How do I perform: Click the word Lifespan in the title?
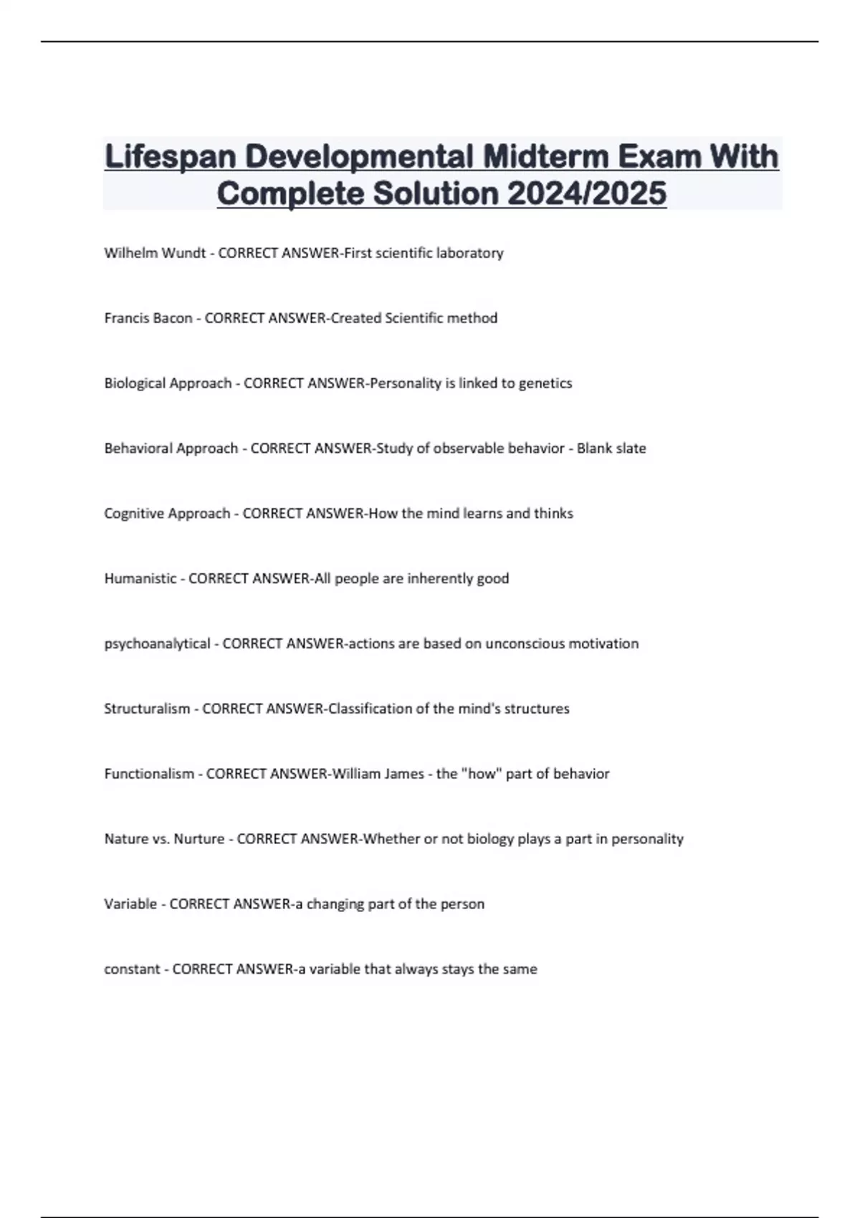[x=170, y=157]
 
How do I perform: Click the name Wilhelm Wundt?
[x=155, y=253]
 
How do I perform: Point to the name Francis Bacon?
[x=148, y=318]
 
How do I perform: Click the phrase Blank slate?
[x=611, y=449]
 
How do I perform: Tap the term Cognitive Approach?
[x=167, y=514]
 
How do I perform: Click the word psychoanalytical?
[x=157, y=644]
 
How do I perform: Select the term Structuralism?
[x=147, y=709]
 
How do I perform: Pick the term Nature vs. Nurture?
[x=164, y=839]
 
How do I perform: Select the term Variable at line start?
[x=130, y=904]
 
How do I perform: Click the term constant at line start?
[x=132, y=969]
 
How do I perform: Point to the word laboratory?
[x=469, y=253]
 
